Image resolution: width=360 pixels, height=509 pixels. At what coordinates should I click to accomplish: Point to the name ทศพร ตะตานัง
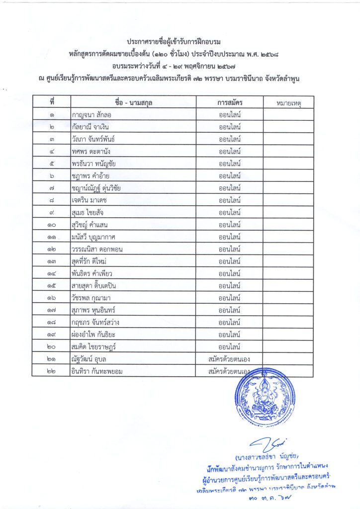(93, 151)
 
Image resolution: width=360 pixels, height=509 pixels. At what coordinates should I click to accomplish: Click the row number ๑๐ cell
(52, 224)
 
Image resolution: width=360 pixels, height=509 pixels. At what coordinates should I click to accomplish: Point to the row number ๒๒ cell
(52, 371)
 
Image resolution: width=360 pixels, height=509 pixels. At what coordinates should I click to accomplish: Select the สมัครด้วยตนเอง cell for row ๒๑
(229, 358)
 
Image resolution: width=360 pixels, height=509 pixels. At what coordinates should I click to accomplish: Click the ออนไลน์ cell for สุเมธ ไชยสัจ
(229, 212)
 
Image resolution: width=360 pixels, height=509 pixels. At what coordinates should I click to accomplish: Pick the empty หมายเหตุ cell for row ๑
(288, 115)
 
